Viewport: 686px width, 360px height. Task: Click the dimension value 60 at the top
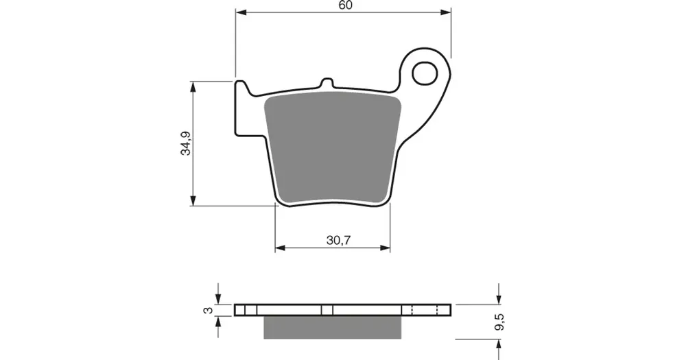pos(345,5)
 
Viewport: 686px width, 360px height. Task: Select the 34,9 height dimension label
pos(187,143)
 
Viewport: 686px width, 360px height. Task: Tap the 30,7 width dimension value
pos(339,240)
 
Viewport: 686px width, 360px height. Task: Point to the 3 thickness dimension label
pos(209,310)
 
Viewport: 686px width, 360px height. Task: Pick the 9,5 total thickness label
pos(500,322)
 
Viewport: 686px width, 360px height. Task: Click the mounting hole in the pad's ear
pos(425,73)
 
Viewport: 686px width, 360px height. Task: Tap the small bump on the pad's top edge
pos(327,83)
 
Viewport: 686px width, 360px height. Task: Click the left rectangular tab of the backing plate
pos(244,108)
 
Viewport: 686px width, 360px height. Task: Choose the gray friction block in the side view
pos(333,327)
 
